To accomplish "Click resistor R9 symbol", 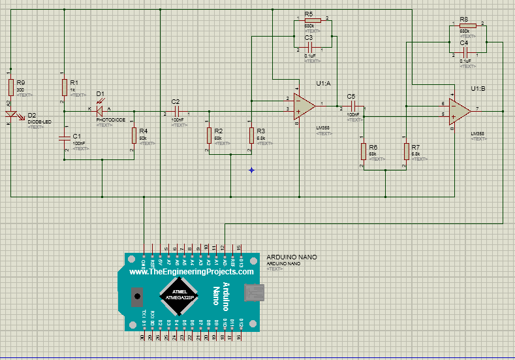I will point(11,88).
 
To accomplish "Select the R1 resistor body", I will point(64,88).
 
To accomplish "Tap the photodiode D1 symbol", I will point(101,111).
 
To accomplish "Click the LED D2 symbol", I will point(11,118).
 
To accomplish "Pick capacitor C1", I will point(64,138).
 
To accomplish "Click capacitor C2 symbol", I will point(175,111).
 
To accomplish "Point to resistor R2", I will point(209,135).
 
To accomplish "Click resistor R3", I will point(251,135).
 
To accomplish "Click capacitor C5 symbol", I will point(351,105).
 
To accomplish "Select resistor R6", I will point(363,152).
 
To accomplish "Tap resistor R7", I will point(406,152).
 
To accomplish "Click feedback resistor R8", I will point(467,26).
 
